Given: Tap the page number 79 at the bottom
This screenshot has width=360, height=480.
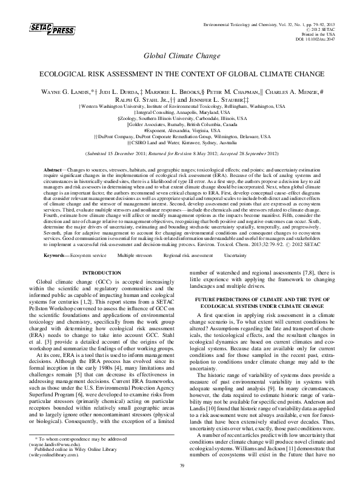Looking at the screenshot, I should (x=180, y=465).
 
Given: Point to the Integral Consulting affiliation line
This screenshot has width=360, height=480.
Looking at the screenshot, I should (x=179, y=112).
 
